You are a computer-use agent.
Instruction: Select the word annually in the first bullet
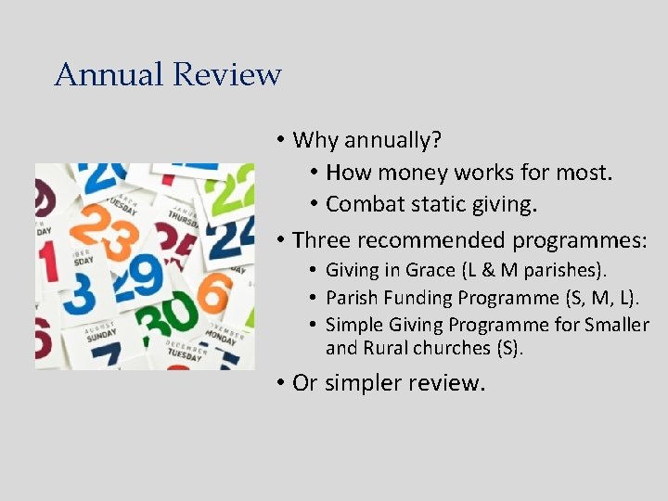click(392, 141)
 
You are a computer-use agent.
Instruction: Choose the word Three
click(321, 240)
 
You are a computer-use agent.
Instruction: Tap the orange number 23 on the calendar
click(106, 230)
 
